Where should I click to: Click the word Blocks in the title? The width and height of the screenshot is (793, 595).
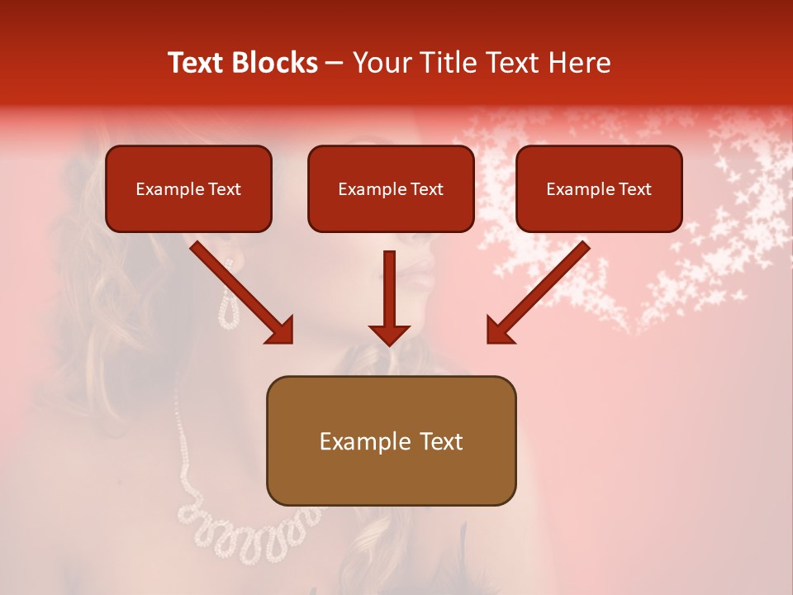[276, 63]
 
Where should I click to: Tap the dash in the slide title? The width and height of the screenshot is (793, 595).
[335, 64]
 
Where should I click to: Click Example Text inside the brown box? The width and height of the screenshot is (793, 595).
[391, 441]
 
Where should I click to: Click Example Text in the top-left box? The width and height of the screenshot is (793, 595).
[188, 189]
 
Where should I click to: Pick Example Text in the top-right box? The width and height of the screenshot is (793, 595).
[599, 189]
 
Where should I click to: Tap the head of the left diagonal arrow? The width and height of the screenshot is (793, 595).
[281, 331]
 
